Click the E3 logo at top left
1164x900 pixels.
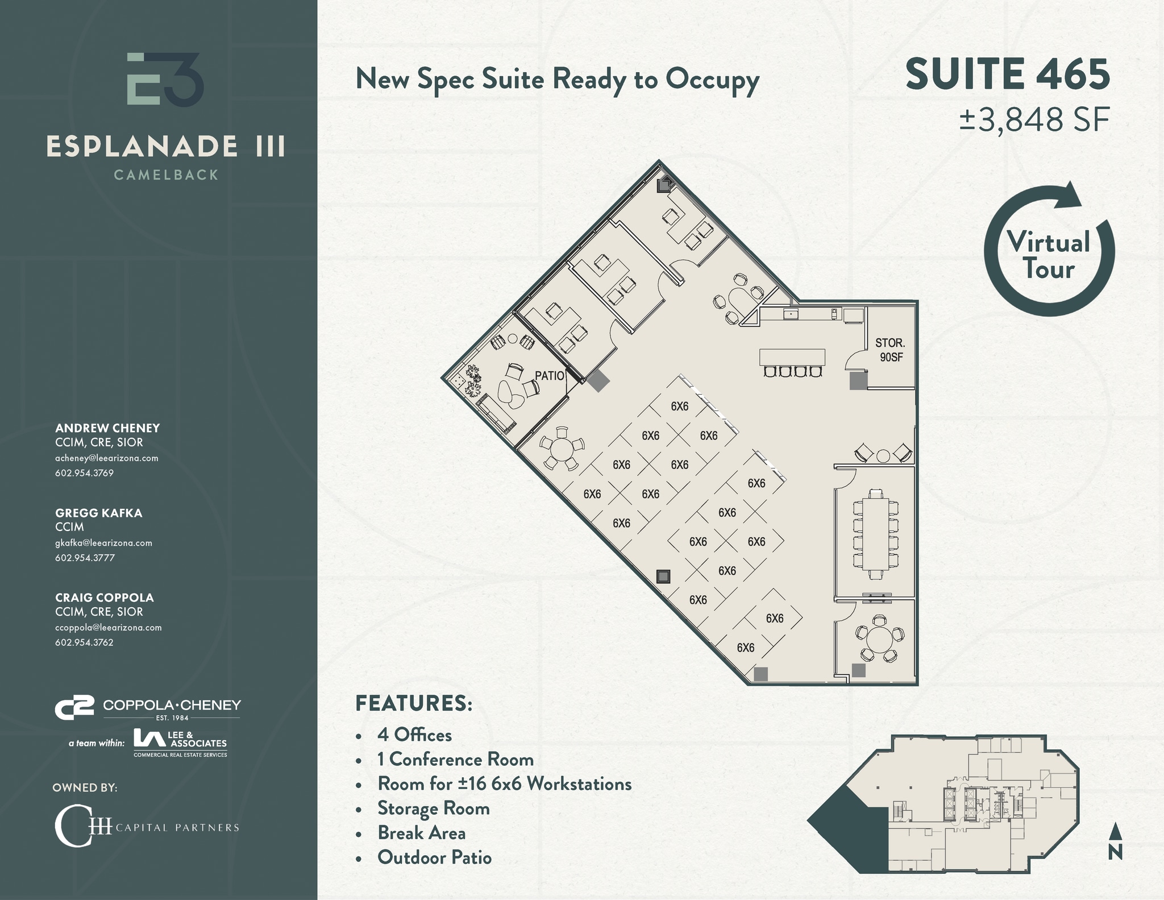[165, 79]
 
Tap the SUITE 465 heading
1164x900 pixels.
[1007, 74]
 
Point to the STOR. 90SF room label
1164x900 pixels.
[891, 350]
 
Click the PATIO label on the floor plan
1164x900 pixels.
[550, 376]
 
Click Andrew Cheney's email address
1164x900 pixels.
[106, 458]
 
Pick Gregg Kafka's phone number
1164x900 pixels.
[85, 558]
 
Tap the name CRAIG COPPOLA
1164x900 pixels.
[105, 598]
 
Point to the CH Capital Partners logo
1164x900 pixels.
[147, 826]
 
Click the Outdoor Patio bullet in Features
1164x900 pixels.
[434, 857]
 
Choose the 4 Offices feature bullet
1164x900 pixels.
[414, 735]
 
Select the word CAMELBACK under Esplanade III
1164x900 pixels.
[166, 175]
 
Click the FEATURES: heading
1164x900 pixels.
[413, 703]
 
